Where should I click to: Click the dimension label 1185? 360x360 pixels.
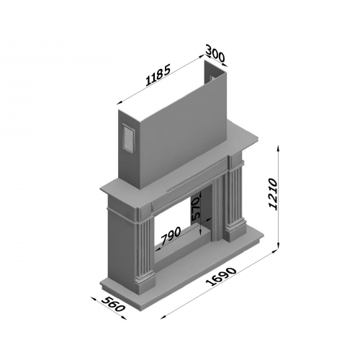point(158,75)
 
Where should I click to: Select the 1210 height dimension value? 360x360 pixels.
point(273,194)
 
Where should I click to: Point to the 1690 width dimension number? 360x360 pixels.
point(222,276)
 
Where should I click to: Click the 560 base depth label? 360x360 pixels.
point(114,304)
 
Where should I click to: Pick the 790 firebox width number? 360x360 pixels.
point(171,235)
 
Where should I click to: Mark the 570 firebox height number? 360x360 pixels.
point(196,209)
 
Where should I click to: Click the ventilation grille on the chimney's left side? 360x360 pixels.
point(129,138)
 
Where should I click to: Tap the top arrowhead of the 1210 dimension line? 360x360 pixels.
point(279,148)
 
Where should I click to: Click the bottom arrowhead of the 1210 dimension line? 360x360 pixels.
point(279,246)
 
